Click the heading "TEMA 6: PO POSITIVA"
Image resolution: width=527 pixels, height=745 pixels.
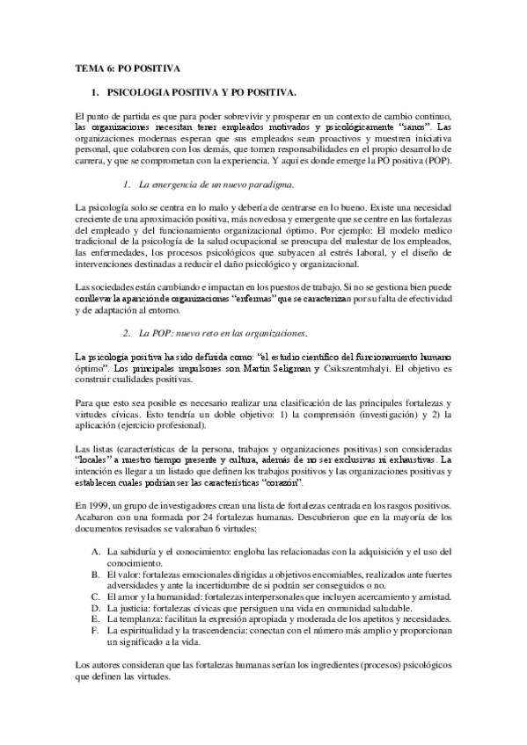(x=127, y=67)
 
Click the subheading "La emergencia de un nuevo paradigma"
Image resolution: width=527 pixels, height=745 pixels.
(x=216, y=184)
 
